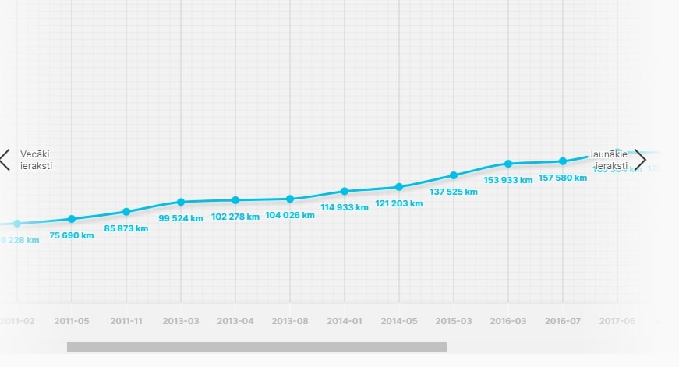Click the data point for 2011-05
[72, 219]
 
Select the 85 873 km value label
[126, 228]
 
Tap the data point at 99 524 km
[181, 202]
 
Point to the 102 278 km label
[235, 217]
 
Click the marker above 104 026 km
[290, 199]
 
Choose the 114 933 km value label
[345, 207]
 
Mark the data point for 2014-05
[399, 187]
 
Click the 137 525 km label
[454, 192]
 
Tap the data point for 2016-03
[508, 164]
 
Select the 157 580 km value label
[563, 178]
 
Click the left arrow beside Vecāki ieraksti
[5, 160]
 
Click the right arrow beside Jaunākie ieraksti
[640, 159]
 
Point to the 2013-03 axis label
[181, 321]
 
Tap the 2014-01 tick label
[345, 321]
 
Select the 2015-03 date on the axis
[454, 321]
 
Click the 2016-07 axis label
[563, 321]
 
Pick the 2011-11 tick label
[126, 321]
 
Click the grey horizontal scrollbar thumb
[256, 347]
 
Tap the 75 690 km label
[72, 235]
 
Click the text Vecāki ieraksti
[37, 160]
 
